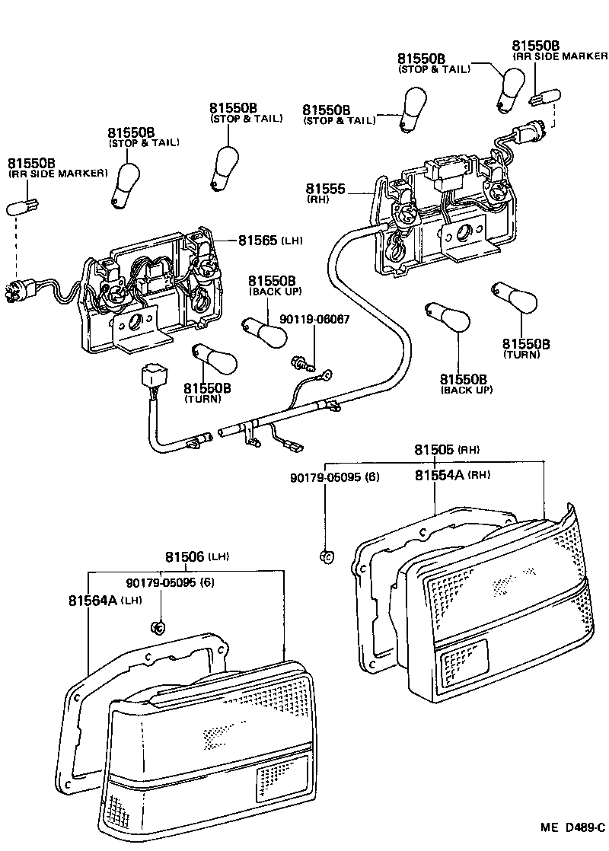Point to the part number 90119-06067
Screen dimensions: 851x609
point(314,320)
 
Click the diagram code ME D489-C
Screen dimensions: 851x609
point(572,827)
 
